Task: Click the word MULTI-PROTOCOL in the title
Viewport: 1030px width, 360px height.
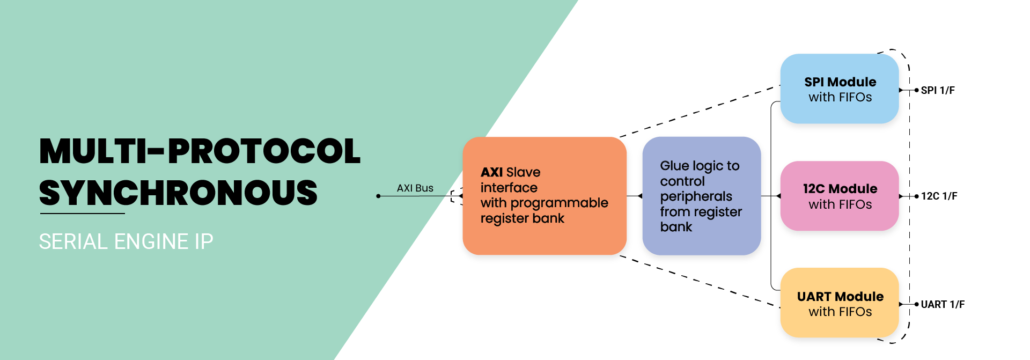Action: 200,151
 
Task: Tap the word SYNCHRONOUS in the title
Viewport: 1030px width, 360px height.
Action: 178,193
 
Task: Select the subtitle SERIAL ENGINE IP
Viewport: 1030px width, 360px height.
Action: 126,241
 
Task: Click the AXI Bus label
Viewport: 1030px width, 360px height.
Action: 415,188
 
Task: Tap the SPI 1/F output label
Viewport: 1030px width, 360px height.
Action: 938,91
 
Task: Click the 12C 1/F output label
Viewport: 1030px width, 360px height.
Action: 939,196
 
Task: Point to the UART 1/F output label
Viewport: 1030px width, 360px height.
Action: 943,305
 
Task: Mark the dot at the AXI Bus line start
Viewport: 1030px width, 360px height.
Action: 378,196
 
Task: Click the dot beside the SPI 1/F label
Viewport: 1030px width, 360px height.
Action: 916,91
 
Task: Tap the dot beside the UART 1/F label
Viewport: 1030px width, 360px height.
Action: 916,304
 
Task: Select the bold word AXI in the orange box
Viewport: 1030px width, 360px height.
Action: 491,172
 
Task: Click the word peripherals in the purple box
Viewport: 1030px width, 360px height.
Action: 696,196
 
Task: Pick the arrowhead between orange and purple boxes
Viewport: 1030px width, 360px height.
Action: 640,196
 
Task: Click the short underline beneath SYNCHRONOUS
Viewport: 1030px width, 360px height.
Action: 82,214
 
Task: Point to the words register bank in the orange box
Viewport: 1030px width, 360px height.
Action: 522,218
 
